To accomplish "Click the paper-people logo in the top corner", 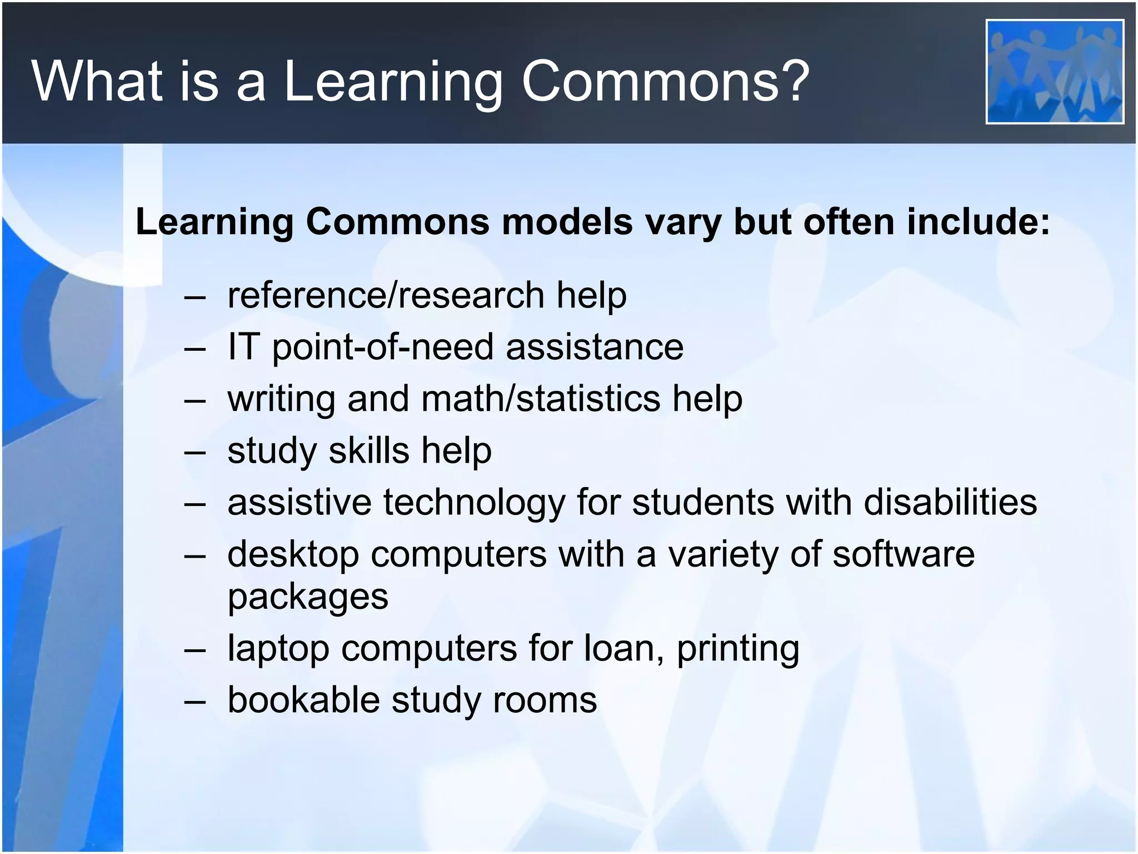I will click(x=1055, y=71).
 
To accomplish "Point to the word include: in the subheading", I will click(x=978, y=222).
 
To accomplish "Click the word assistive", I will click(x=299, y=502).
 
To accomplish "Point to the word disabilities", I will click(x=950, y=502).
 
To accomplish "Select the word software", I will click(x=904, y=554).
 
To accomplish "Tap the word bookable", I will click(x=303, y=699).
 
